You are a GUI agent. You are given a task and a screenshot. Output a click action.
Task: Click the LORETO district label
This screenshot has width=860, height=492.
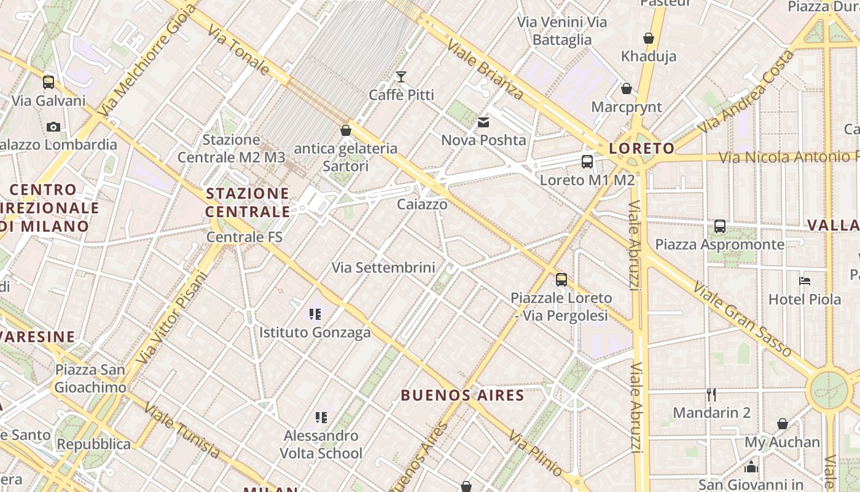click(641, 148)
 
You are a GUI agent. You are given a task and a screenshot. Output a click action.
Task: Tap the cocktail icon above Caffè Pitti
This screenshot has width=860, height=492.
click(401, 77)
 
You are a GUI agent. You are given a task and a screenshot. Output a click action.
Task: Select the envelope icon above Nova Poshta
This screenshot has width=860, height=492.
click(483, 122)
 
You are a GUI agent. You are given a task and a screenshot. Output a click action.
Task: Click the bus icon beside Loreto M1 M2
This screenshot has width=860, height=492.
click(587, 162)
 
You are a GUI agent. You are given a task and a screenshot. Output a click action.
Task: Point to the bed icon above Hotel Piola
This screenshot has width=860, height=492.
click(805, 281)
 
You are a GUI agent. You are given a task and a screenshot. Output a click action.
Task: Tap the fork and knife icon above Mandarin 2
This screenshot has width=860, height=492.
click(711, 394)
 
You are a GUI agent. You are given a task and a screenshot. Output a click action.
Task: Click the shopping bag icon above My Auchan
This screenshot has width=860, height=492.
click(783, 424)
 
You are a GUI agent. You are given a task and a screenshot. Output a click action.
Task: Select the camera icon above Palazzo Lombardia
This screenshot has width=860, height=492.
click(53, 127)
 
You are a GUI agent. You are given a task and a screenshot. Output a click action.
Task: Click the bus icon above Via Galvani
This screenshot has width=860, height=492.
click(49, 82)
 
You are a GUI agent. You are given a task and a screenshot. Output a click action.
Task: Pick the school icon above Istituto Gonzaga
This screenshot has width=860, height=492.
click(315, 315)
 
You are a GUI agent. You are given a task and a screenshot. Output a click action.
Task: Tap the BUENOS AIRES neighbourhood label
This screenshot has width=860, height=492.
click(463, 395)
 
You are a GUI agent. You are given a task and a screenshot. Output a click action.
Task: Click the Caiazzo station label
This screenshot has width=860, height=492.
click(422, 204)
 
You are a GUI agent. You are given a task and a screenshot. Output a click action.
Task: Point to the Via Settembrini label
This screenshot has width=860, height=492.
click(383, 268)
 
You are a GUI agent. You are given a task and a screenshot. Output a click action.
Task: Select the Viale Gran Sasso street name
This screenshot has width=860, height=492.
click(742, 319)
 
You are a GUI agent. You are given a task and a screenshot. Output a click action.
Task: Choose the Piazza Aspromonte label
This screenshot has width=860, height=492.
click(719, 245)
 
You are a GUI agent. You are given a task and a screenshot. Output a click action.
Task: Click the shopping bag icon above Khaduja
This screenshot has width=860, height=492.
click(648, 39)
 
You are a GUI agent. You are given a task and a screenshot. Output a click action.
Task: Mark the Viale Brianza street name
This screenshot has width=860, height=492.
click(485, 69)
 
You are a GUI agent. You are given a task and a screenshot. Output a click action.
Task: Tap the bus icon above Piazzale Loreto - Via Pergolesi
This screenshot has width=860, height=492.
click(561, 280)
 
